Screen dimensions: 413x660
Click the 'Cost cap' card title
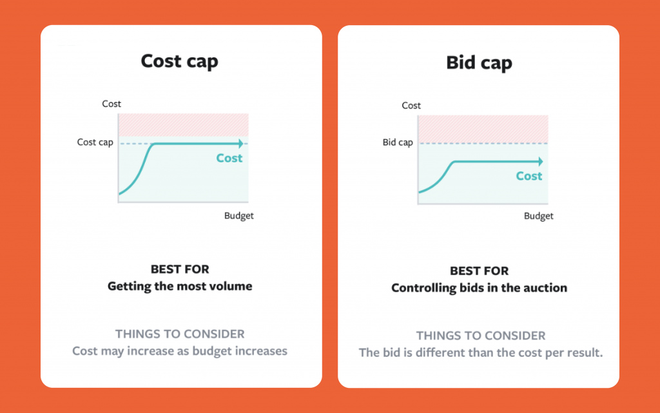(x=179, y=61)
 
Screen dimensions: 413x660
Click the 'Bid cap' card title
(x=479, y=62)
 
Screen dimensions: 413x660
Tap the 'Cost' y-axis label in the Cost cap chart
(x=112, y=104)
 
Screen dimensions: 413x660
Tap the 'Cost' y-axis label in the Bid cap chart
(x=411, y=105)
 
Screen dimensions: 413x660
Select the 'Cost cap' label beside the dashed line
(x=95, y=142)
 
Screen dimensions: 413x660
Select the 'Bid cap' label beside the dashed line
(x=397, y=142)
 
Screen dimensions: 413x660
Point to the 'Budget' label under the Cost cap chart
(x=238, y=216)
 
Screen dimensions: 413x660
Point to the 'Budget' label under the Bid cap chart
(x=538, y=216)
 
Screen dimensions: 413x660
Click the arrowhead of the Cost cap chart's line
(x=240, y=144)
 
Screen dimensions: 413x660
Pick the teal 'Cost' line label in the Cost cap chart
(x=229, y=158)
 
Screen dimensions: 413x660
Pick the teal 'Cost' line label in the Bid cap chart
(x=529, y=176)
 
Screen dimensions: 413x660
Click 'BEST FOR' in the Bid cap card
(x=479, y=271)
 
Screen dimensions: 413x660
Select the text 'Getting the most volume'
(x=180, y=286)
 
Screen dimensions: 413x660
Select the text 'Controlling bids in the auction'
(x=479, y=287)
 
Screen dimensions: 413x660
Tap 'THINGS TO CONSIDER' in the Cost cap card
(x=180, y=334)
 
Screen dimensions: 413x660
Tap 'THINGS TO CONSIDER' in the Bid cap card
(x=481, y=336)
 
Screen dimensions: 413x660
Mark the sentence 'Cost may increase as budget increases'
(x=180, y=351)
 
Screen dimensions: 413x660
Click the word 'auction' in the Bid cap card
(x=545, y=287)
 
